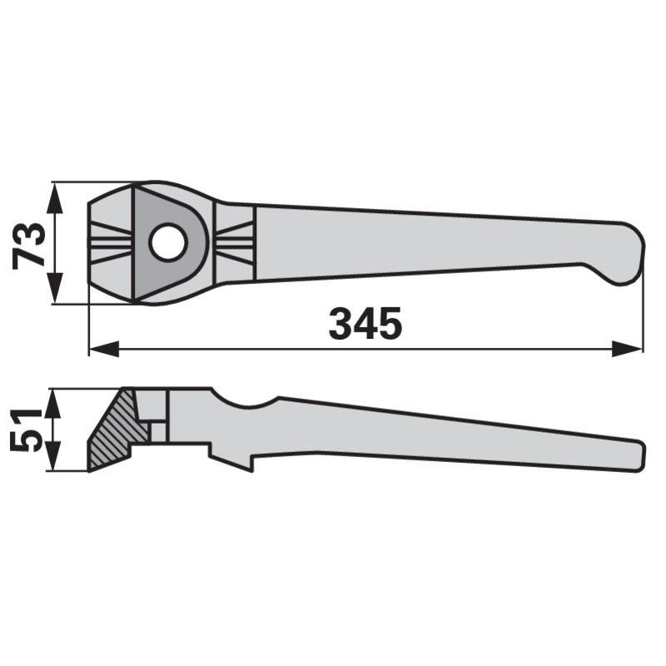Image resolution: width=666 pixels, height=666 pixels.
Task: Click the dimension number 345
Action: coord(365,323)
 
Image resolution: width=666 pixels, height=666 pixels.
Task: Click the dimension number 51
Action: coord(26,430)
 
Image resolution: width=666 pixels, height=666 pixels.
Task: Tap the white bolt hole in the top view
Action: coord(168,242)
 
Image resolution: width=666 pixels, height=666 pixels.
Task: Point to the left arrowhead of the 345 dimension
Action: coord(104,349)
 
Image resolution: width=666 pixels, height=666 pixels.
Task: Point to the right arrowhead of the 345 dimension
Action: coord(627,349)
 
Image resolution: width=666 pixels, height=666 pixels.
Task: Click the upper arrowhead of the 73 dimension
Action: coord(55,199)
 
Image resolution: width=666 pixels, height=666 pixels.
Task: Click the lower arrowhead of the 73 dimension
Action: coord(55,288)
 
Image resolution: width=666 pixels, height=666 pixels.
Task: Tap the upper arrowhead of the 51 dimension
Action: coord(52,404)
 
